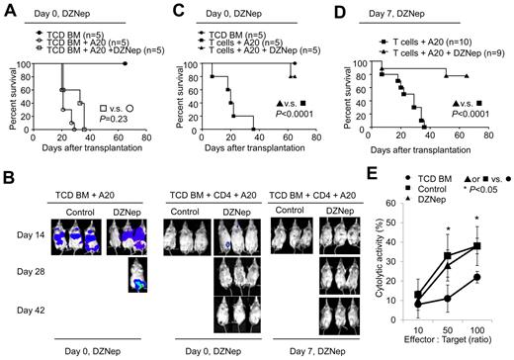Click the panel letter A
pyautogui.click(x=9, y=10)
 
